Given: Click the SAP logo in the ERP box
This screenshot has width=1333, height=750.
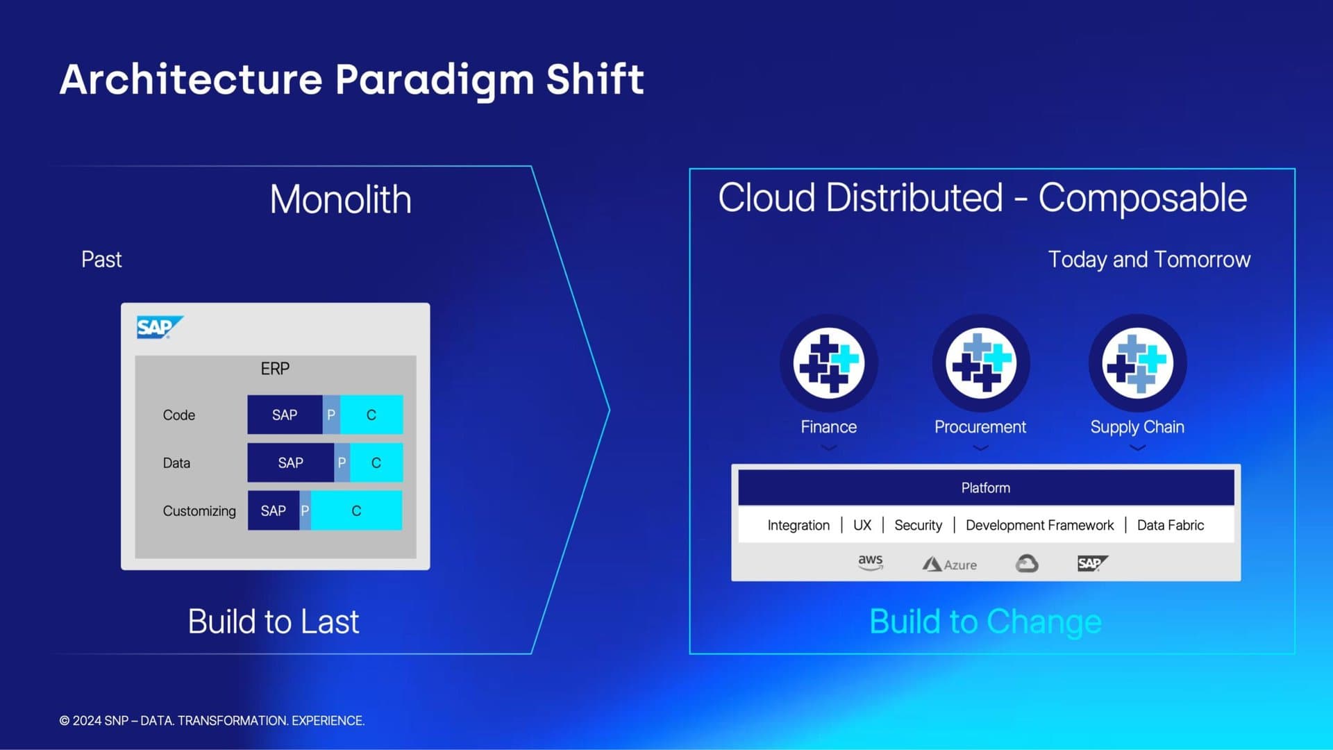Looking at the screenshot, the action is (160, 327).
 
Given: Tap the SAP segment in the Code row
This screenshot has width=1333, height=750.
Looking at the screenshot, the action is (285, 415).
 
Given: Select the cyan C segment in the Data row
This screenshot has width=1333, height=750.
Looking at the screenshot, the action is (376, 462).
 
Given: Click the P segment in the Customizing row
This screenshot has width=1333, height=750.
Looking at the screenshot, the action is (305, 510).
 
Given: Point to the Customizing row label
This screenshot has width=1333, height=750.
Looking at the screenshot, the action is (199, 511).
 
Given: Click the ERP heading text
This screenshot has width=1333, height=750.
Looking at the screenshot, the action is (275, 369).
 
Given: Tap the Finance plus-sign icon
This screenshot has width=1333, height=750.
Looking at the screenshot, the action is (828, 363).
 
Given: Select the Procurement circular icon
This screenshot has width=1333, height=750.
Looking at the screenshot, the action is (980, 363).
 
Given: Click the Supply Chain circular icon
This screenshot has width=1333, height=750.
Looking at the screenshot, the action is (1137, 363).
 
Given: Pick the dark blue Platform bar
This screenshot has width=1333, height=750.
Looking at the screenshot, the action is (986, 487).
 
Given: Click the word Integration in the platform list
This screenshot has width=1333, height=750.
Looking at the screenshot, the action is (798, 525).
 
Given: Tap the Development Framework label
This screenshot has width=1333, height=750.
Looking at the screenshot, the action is (1039, 525).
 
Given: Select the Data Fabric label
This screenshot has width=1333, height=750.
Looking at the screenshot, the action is (1171, 525).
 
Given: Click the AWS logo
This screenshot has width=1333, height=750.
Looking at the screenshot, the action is (871, 562).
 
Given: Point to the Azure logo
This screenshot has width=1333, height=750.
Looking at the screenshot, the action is (949, 565).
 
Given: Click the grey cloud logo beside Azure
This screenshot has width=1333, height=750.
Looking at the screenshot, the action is (1027, 563).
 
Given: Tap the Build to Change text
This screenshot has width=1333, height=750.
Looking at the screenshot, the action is (985, 622).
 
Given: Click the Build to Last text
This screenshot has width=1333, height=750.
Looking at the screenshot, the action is (274, 622).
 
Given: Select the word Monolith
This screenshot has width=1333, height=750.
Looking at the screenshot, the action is (340, 199).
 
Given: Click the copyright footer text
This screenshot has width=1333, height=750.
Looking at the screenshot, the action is (212, 721).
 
